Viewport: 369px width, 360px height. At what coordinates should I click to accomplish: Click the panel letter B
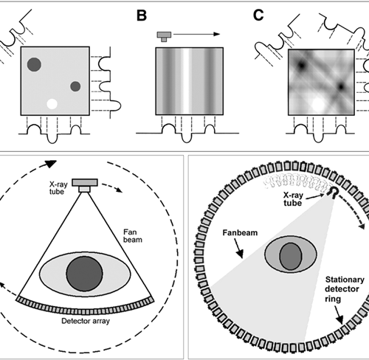[x=142, y=15]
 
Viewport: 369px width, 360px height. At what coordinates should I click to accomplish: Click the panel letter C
[x=258, y=15]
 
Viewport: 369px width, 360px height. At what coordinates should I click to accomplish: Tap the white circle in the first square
[x=52, y=104]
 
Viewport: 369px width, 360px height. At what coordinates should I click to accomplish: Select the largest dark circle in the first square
[x=34, y=65]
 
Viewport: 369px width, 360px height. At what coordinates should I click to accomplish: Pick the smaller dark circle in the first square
[x=75, y=86]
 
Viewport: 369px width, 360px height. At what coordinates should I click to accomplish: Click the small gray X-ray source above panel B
[x=164, y=36]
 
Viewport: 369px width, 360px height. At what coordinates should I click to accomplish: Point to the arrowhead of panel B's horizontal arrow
[x=216, y=34]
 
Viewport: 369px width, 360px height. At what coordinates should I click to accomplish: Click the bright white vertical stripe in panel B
[x=186, y=81]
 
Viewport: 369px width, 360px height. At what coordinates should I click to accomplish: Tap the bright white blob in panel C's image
[x=318, y=104]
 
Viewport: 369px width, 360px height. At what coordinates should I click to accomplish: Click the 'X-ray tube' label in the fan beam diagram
[x=58, y=188]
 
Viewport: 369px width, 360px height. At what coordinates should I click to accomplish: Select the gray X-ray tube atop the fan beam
[x=85, y=185]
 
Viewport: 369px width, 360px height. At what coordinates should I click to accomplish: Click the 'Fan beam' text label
[x=133, y=236]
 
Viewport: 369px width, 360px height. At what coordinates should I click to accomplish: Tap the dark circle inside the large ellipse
[x=84, y=274]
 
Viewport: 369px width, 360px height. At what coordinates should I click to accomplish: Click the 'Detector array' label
[x=86, y=321]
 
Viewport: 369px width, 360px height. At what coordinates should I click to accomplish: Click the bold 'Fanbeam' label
[x=240, y=232]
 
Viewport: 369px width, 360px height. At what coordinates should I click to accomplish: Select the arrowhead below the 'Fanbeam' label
[x=240, y=254]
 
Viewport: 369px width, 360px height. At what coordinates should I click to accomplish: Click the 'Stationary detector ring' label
[x=345, y=289]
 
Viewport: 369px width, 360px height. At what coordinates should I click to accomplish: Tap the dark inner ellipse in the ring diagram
[x=291, y=256]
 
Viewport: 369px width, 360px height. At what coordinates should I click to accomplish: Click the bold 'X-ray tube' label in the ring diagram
[x=293, y=199]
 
